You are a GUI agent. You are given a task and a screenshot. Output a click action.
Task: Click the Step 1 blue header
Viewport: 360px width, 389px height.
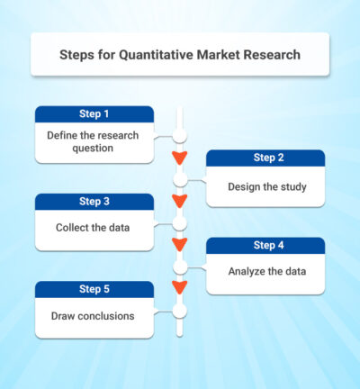pyautogui.click(x=94, y=114)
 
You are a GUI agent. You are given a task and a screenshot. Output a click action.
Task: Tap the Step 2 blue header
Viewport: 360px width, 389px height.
pyautogui.click(x=265, y=158)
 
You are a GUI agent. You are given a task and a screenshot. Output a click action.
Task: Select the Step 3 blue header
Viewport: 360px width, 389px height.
pyautogui.click(x=94, y=202)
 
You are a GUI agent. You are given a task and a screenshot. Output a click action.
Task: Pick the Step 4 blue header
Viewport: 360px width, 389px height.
pyautogui.click(x=265, y=245)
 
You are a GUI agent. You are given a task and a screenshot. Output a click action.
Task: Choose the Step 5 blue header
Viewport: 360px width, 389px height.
pyautogui.click(x=94, y=289)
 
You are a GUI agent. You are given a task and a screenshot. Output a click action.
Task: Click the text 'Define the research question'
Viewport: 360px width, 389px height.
pyautogui.click(x=94, y=141)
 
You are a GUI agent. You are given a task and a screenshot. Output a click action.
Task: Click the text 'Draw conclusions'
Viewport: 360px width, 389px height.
pyautogui.click(x=92, y=316)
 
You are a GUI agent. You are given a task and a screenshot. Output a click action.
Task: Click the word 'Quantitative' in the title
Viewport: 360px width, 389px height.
pyautogui.click(x=156, y=55)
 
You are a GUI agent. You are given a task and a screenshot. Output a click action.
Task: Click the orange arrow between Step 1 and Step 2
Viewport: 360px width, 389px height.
pyautogui.click(x=180, y=158)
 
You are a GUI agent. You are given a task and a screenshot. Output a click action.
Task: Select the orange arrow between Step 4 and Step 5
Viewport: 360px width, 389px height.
pyautogui.click(x=180, y=288)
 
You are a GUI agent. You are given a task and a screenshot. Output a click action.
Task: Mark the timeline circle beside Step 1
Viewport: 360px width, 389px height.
pyautogui.click(x=180, y=136)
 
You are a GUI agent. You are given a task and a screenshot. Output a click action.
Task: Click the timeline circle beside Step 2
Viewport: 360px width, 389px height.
pyautogui.click(x=180, y=179)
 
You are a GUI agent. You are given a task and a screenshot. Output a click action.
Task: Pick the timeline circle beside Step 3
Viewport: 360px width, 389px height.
pyautogui.click(x=180, y=222)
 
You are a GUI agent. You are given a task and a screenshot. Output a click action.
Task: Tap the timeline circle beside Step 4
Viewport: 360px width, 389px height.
pyautogui.click(x=180, y=267)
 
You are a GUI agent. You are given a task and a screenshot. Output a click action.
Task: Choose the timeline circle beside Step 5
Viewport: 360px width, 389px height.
pyautogui.click(x=180, y=310)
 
